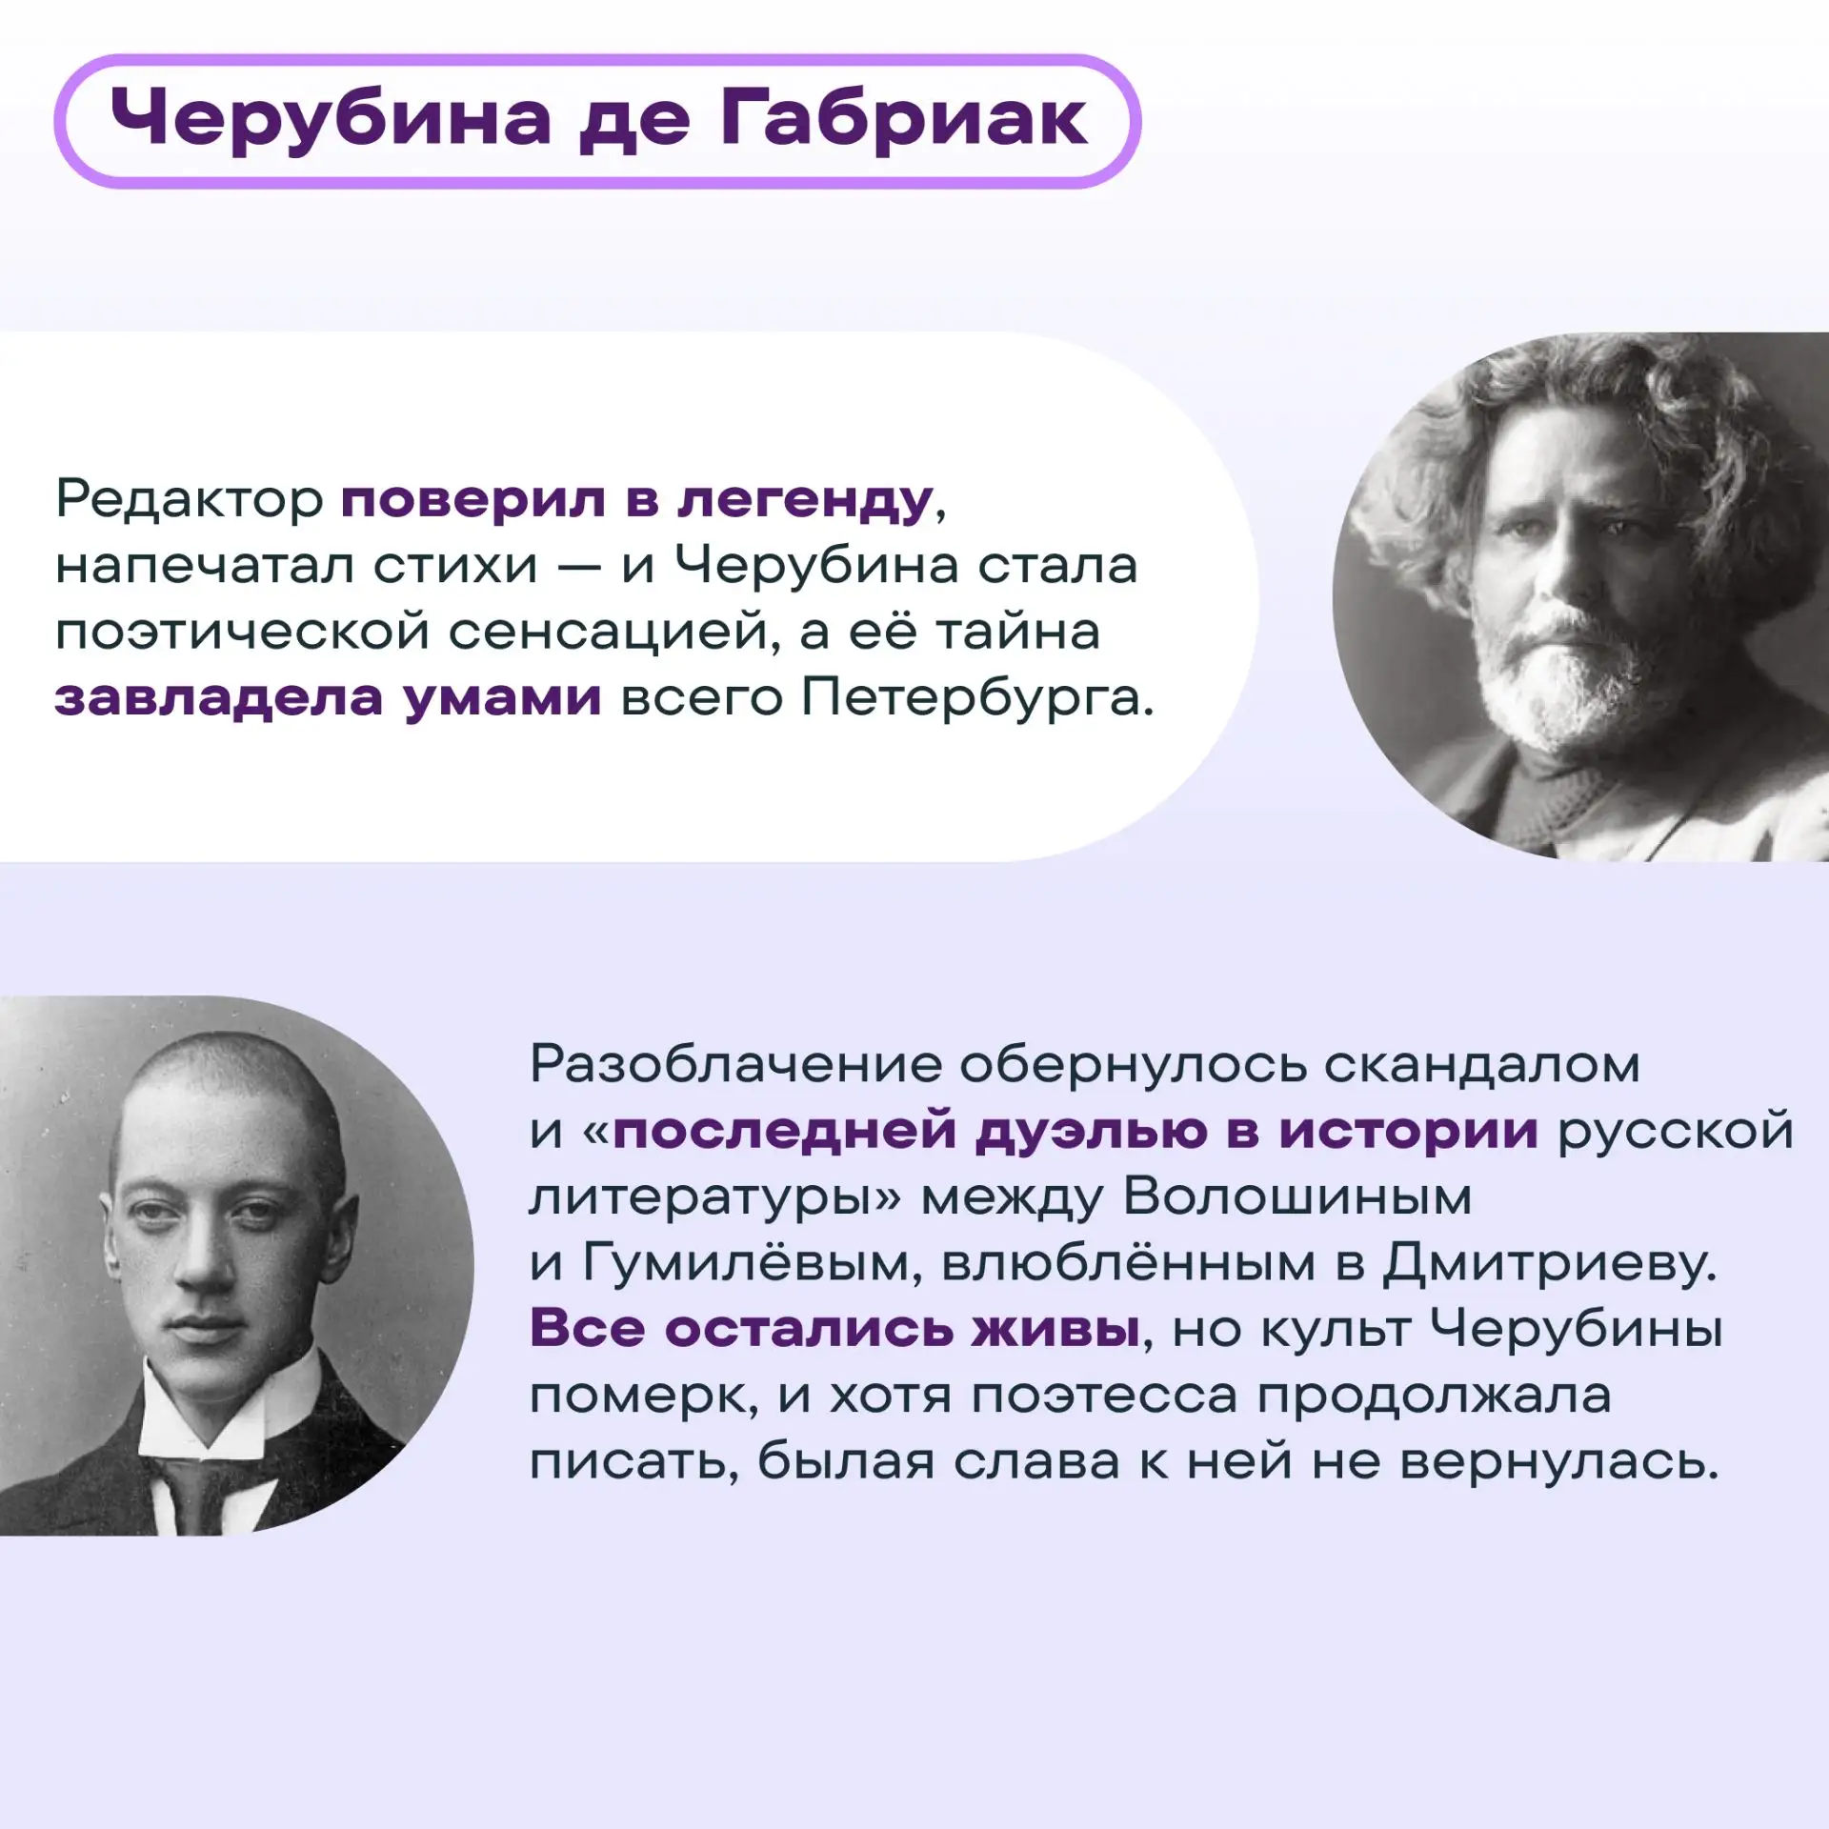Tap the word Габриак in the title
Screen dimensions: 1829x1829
point(903,120)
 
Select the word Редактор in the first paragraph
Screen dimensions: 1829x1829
point(190,499)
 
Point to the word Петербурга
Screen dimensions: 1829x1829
point(977,698)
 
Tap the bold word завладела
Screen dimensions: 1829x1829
point(219,698)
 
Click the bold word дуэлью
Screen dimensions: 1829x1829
point(1091,1132)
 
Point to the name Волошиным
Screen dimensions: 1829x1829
point(1298,1196)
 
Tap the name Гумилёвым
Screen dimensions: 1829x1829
point(753,1263)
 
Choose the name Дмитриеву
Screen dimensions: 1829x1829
point(1550,1263)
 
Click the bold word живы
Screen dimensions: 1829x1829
point(1056,1329)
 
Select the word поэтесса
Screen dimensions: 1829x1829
point(1105,1397)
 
